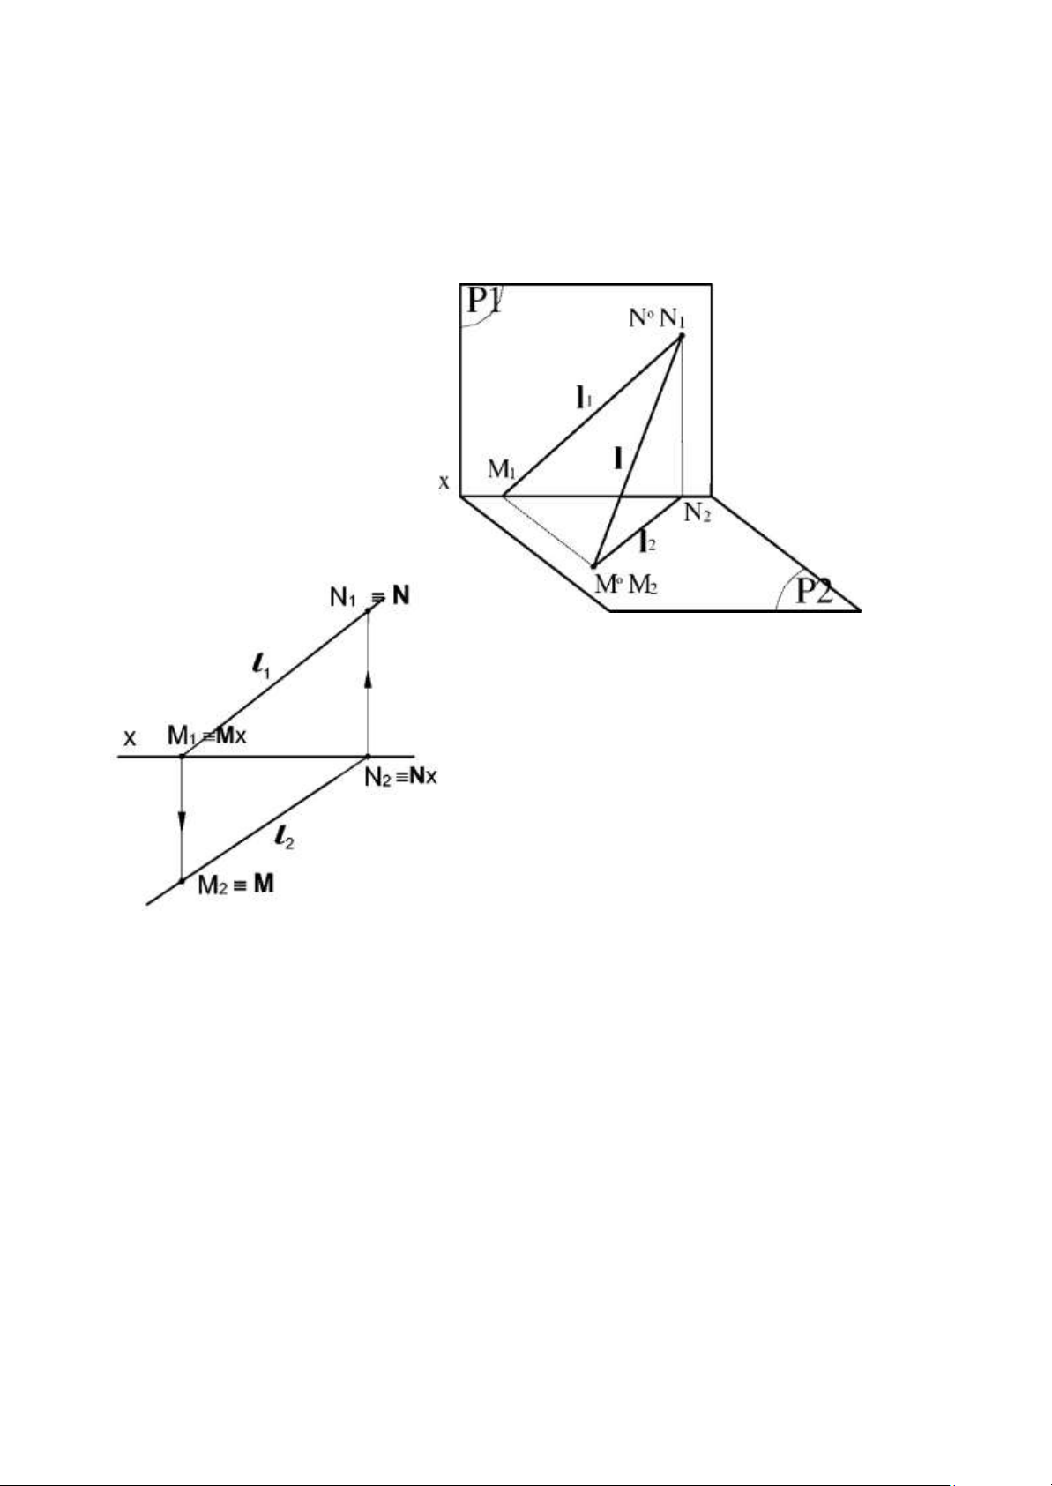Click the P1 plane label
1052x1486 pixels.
pos(484,302)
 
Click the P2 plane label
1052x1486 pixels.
pos(814,590)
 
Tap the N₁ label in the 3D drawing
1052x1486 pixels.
pos(672,318)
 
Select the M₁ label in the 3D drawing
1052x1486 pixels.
pos(502,469)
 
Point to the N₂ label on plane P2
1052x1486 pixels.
pos(698,513)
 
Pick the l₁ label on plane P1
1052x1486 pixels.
pos(583,399)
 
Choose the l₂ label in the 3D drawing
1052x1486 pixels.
pos(647,541)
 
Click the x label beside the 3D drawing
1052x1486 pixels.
pos(444,482)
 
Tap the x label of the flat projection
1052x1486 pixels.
pos(131,736)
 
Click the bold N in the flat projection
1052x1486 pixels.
pos(401,597)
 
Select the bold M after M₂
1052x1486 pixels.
pos(264,884)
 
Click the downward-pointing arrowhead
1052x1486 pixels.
pos(182,821)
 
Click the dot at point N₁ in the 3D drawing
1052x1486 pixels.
pos(682,335)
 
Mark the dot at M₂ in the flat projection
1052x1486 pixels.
pos(182,881)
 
